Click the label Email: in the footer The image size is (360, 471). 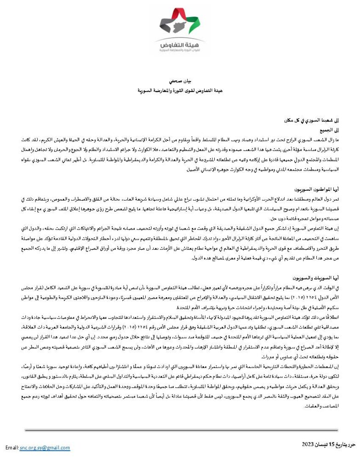pyautogui.click(x=11, y=448)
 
